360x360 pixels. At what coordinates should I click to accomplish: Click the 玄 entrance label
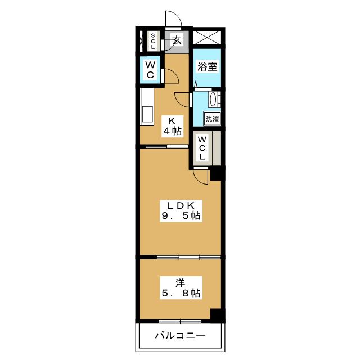pyautogui.click(x=178, y=40)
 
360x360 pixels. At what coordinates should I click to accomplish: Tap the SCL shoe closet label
pyautogui.click(x=152, y=41)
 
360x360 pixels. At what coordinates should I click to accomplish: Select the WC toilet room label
pyautogui.click(x=150, y=70)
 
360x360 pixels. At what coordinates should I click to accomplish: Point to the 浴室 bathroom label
pyautogui.click(x=208, y=66)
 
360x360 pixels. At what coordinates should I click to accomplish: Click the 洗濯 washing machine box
pyautogui.click(x=213, y=119)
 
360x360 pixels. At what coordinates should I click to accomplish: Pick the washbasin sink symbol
pyautogui.click(x=214, y=99)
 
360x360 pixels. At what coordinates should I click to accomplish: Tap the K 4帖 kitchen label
pyautogui.click(x=173, y=126)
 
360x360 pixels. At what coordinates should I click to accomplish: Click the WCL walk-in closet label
pyautogui.click(x=202, y=148)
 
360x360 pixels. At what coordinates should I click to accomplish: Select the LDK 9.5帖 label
pyautogui.click(x=181, y=211)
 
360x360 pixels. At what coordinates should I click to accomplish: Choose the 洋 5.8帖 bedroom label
pyautogui.click(x=181, y=287)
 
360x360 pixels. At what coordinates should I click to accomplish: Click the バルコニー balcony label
pyautogui.click(x=181, y=336)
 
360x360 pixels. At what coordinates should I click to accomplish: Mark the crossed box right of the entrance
pyautogui.click(x=207, y=38)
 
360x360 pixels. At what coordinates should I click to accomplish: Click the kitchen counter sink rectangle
pyautogui.click(x=147, y=114)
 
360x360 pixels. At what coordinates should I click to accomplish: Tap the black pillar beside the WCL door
pyautogui.click(x=216, y=174)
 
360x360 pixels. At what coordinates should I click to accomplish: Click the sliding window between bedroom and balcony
pyautogui.click(x=180, y=321)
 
